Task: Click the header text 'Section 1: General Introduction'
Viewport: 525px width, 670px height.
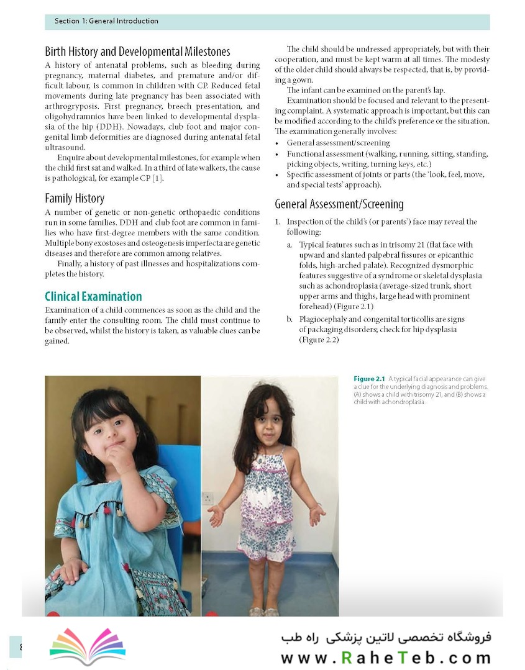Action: point(106,21)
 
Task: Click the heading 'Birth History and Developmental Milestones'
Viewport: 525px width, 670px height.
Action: point(137,52)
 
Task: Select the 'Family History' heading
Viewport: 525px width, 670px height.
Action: point(75,199)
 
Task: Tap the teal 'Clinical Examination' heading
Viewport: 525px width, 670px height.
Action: point(93,296)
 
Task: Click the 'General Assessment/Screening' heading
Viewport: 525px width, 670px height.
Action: point(339,204)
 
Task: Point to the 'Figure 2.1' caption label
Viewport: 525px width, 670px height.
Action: point(369,379)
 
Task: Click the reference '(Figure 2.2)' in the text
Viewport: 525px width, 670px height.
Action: point(319,340)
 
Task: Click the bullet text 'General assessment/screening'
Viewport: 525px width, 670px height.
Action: point(338,143)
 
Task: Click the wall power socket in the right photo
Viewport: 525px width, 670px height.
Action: point(208,498)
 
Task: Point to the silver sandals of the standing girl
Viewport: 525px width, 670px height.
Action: point(263,611)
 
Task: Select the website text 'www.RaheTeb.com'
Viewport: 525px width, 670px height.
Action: point(385,658)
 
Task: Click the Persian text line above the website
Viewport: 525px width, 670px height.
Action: point(385,636)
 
